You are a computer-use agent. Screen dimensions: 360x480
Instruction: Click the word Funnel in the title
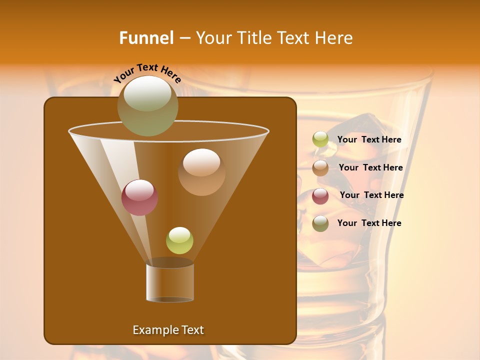point(146,38)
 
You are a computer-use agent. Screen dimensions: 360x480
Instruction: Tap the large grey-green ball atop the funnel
point(148,105)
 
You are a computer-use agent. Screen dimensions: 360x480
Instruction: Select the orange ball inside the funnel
point(201,172)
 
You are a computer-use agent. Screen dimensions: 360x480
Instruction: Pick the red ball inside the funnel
point(140,197)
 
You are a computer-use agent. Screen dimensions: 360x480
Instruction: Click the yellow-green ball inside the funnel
point(179,240)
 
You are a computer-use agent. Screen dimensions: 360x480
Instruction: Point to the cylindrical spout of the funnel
point(170,282)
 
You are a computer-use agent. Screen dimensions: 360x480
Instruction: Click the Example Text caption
point(168,330)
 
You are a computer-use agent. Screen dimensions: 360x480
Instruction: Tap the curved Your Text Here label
point(147,73)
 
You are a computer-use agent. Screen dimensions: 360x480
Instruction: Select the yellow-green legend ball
point(320,139)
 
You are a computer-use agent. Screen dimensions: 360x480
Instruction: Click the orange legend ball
point(320,168)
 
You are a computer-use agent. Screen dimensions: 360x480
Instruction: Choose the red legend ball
point(320,196)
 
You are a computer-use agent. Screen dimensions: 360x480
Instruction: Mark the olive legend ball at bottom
point(320,223)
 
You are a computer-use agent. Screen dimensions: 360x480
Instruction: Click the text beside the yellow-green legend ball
point(369,140)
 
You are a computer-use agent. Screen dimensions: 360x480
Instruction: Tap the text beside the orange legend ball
point(370,168)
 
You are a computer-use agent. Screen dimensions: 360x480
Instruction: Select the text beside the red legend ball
point(371,195)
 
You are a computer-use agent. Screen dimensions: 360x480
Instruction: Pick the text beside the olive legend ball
point(369,223)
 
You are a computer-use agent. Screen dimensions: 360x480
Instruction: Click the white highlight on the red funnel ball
point(140,189)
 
